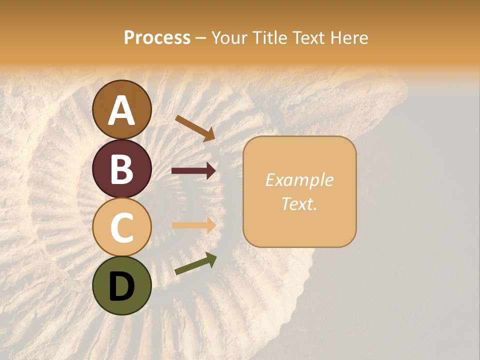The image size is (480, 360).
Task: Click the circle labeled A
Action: [122, 109]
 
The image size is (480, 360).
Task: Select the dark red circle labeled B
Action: [122, 168]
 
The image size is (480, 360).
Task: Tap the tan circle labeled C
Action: [122, 227]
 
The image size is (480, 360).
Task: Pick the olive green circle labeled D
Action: [122, 285]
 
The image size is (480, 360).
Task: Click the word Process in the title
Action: [157, 38]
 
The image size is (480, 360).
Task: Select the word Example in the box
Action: [299, 180]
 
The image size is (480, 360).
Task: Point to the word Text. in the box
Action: [299, 203]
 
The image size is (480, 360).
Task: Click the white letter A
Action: [122, 110]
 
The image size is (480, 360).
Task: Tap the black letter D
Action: [122, 286]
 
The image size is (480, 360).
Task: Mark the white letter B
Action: [122, 169]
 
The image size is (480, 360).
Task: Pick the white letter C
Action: [122, 227]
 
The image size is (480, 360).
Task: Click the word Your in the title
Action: [228, 38]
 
